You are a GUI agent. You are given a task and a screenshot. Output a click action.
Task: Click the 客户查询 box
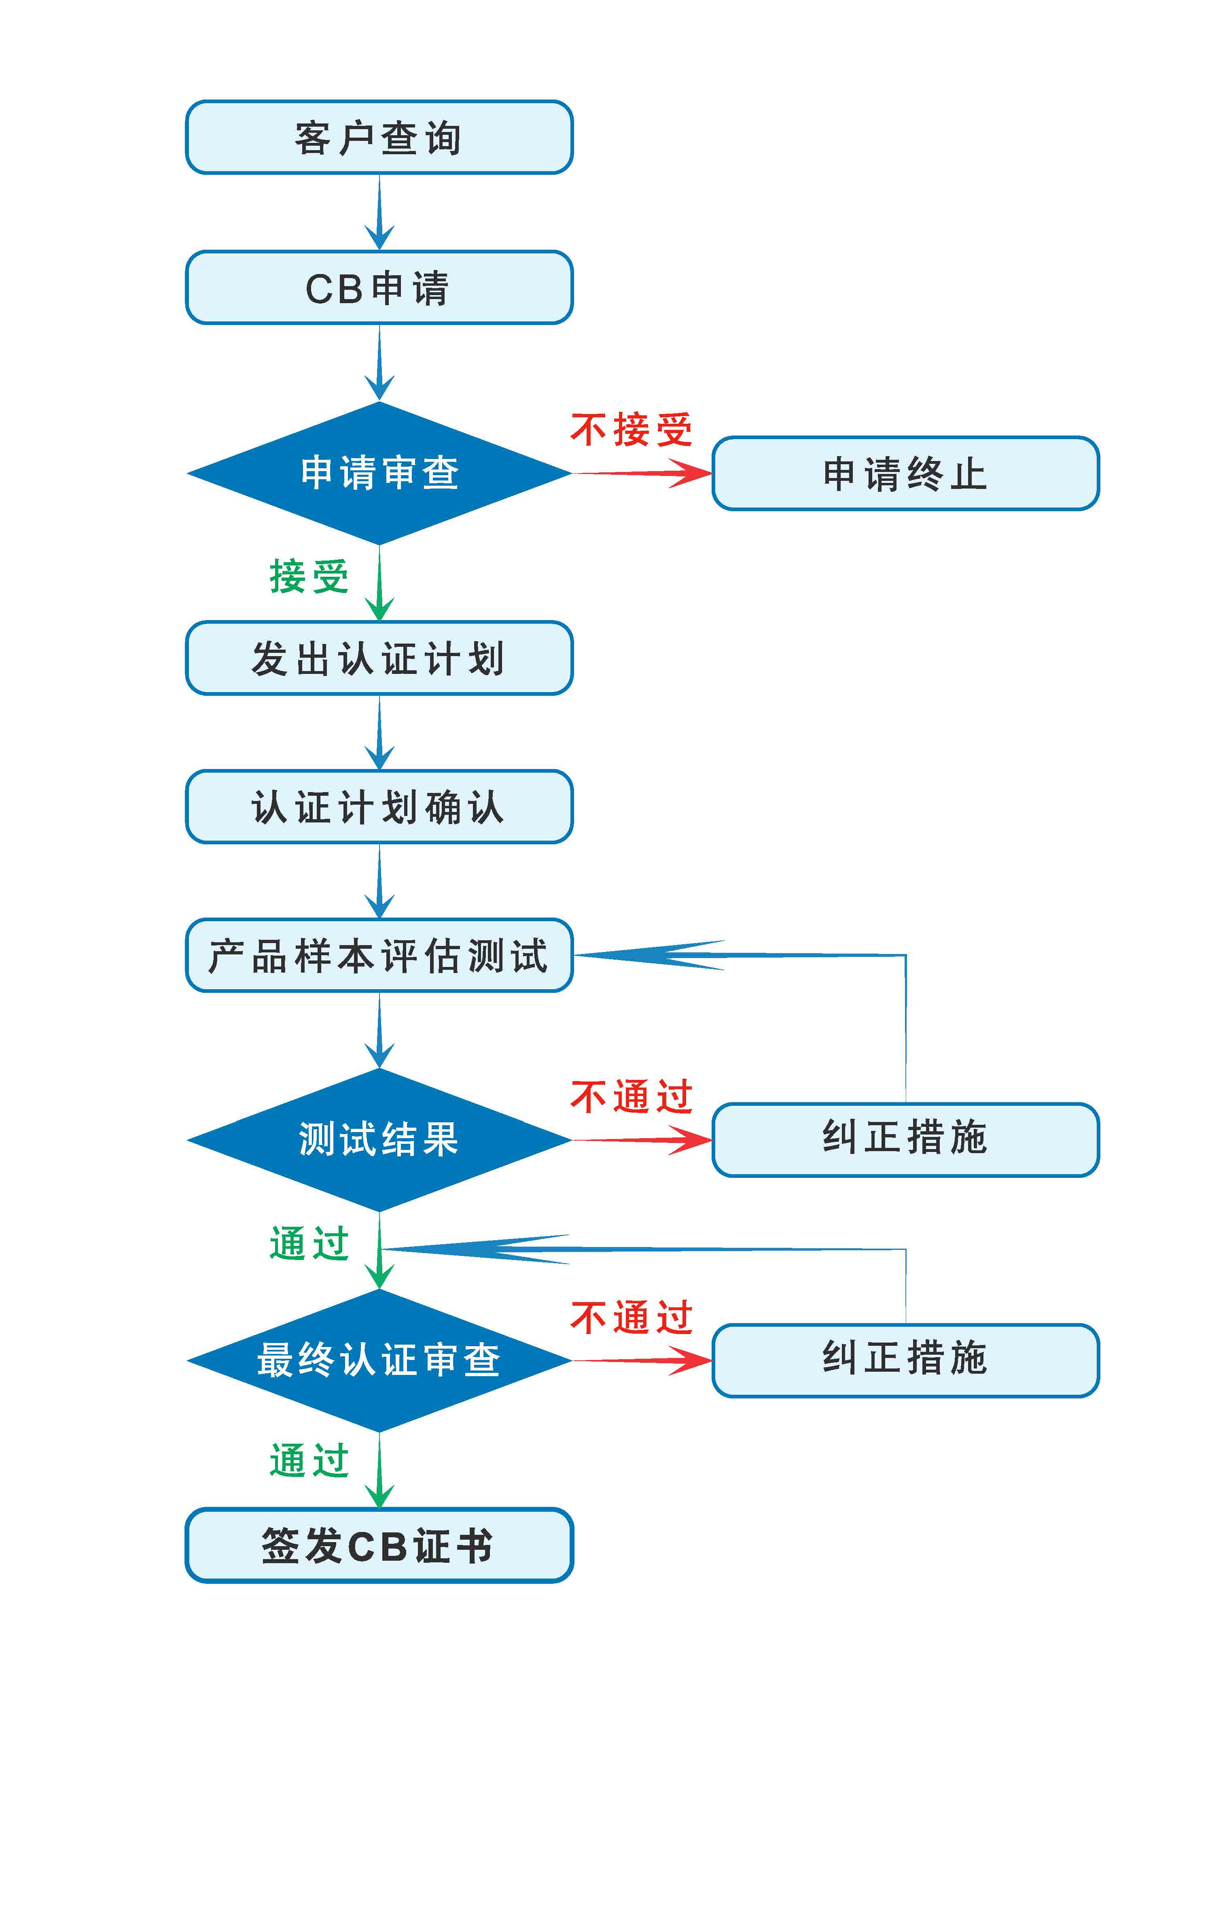click(x=379, y=137)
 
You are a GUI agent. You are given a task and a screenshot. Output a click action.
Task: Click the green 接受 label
click(x=309, y=576)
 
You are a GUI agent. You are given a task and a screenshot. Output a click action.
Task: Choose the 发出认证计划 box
click(x=379, y=658)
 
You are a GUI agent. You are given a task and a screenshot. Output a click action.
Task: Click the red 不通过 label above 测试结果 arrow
click(x=631, y=1097)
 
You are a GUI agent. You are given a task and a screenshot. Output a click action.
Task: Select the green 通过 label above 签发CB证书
click(x=309, y=1460)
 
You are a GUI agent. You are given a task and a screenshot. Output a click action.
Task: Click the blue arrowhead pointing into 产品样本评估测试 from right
click(x=649, y=954)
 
